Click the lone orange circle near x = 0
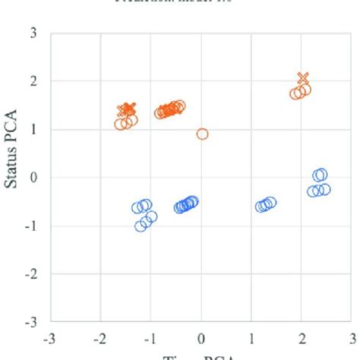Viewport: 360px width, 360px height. [202, 134]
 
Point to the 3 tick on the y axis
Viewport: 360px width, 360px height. [33, 33]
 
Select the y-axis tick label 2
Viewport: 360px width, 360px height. [33, 81]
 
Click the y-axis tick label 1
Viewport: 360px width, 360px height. [33, 129]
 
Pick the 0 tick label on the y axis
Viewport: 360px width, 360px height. [33, 178]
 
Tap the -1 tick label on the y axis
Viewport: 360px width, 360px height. [31, 226]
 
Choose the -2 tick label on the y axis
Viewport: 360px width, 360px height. [31, 273]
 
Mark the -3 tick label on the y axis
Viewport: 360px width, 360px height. [31, 322]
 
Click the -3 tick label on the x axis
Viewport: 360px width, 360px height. [50, 338]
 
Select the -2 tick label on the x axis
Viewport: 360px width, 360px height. [100, 338]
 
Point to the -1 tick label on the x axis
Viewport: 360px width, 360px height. [150, 338]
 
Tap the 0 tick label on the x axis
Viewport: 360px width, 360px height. [201, 338]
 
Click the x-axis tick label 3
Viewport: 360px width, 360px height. [352, 338]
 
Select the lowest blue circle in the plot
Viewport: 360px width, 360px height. [141, 226]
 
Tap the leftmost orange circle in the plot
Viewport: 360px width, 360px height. [120, 124]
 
